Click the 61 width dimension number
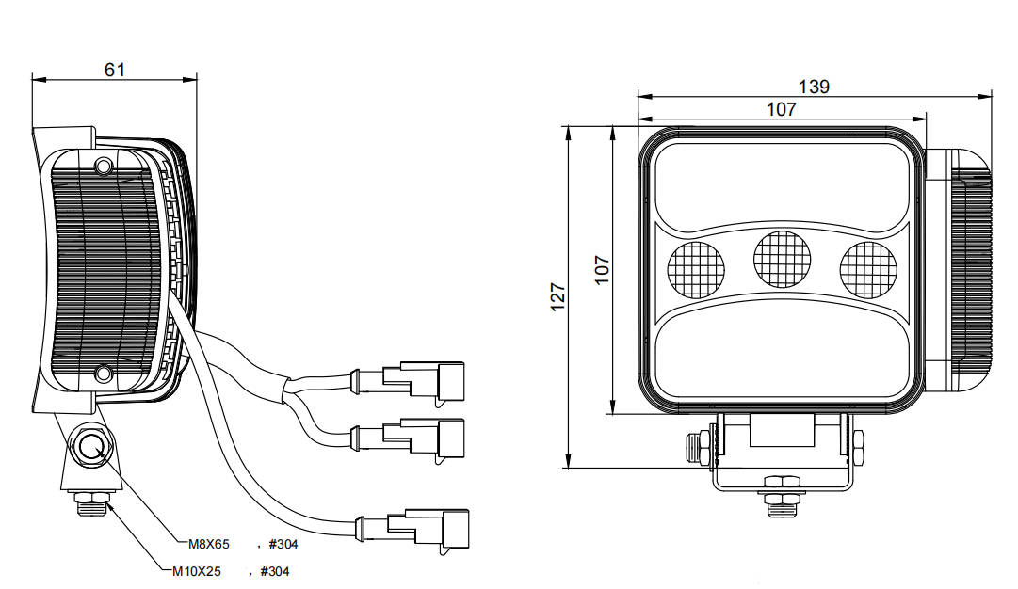click(x=115, y=69)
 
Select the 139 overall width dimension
click(x=814, y=87)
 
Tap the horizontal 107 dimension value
click(x=781, y=109)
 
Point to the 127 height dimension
click(x=557, y=296)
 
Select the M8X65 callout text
click(x=209, y=543)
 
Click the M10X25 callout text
click(x=196, y=570)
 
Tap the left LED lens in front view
click(x=695, y=268)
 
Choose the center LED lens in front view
click(x=782, y=258)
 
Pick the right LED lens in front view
click(x=868, y=268)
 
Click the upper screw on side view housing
click(x=104, y=167)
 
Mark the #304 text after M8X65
click(x=284, y=543)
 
